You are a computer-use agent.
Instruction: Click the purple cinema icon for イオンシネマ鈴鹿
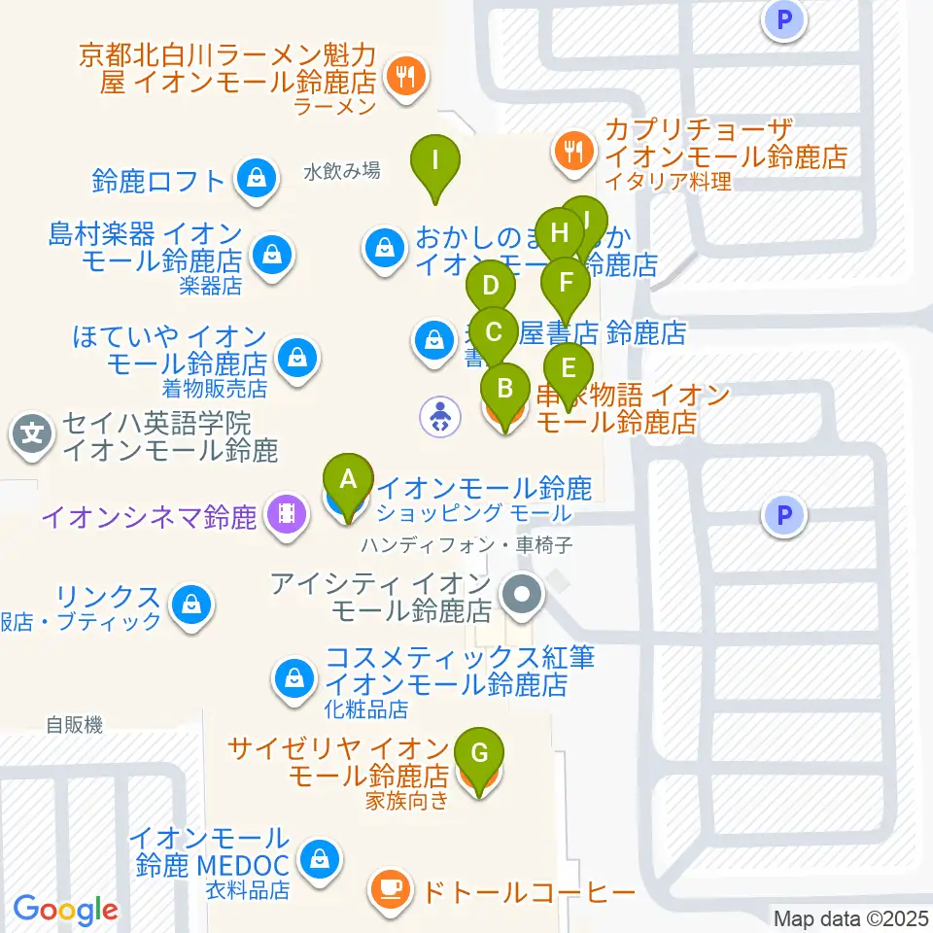click(285, 512)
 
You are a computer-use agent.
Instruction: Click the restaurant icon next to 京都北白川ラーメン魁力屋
click(402, 75)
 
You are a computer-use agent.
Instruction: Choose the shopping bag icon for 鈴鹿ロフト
click(255, 178)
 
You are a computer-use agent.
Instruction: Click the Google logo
click(65, 911)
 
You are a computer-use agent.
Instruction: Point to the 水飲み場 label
click(341, 171)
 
